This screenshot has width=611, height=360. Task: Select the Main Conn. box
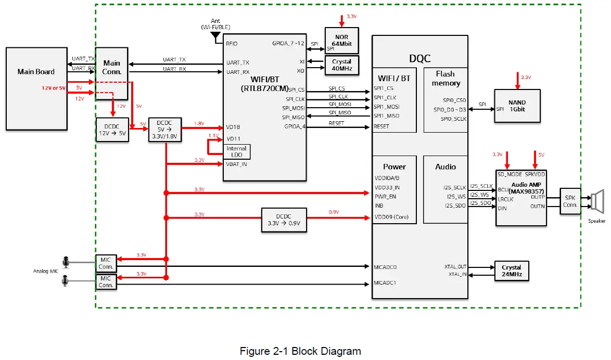click(112, 68)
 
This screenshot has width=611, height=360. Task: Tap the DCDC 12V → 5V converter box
click(111, 130)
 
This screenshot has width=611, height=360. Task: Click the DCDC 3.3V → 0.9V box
click(284, 221)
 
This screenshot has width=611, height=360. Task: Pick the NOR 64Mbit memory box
click(342, 40)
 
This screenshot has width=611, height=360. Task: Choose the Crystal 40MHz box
click(341, 65)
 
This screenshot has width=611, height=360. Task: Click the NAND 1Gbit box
click(517, 106)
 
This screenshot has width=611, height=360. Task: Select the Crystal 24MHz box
click(512, 271)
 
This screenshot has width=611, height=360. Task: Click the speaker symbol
click(596, 201)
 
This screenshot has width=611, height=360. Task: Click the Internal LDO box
click(236, 151)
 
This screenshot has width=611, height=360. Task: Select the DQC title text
click(421, 59)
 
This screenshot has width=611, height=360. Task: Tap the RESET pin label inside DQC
click(381, 126)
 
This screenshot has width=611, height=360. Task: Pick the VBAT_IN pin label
click(236, 164)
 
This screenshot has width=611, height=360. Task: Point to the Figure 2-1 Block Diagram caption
click(300, 351)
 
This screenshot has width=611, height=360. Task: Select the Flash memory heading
click(445, 79)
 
